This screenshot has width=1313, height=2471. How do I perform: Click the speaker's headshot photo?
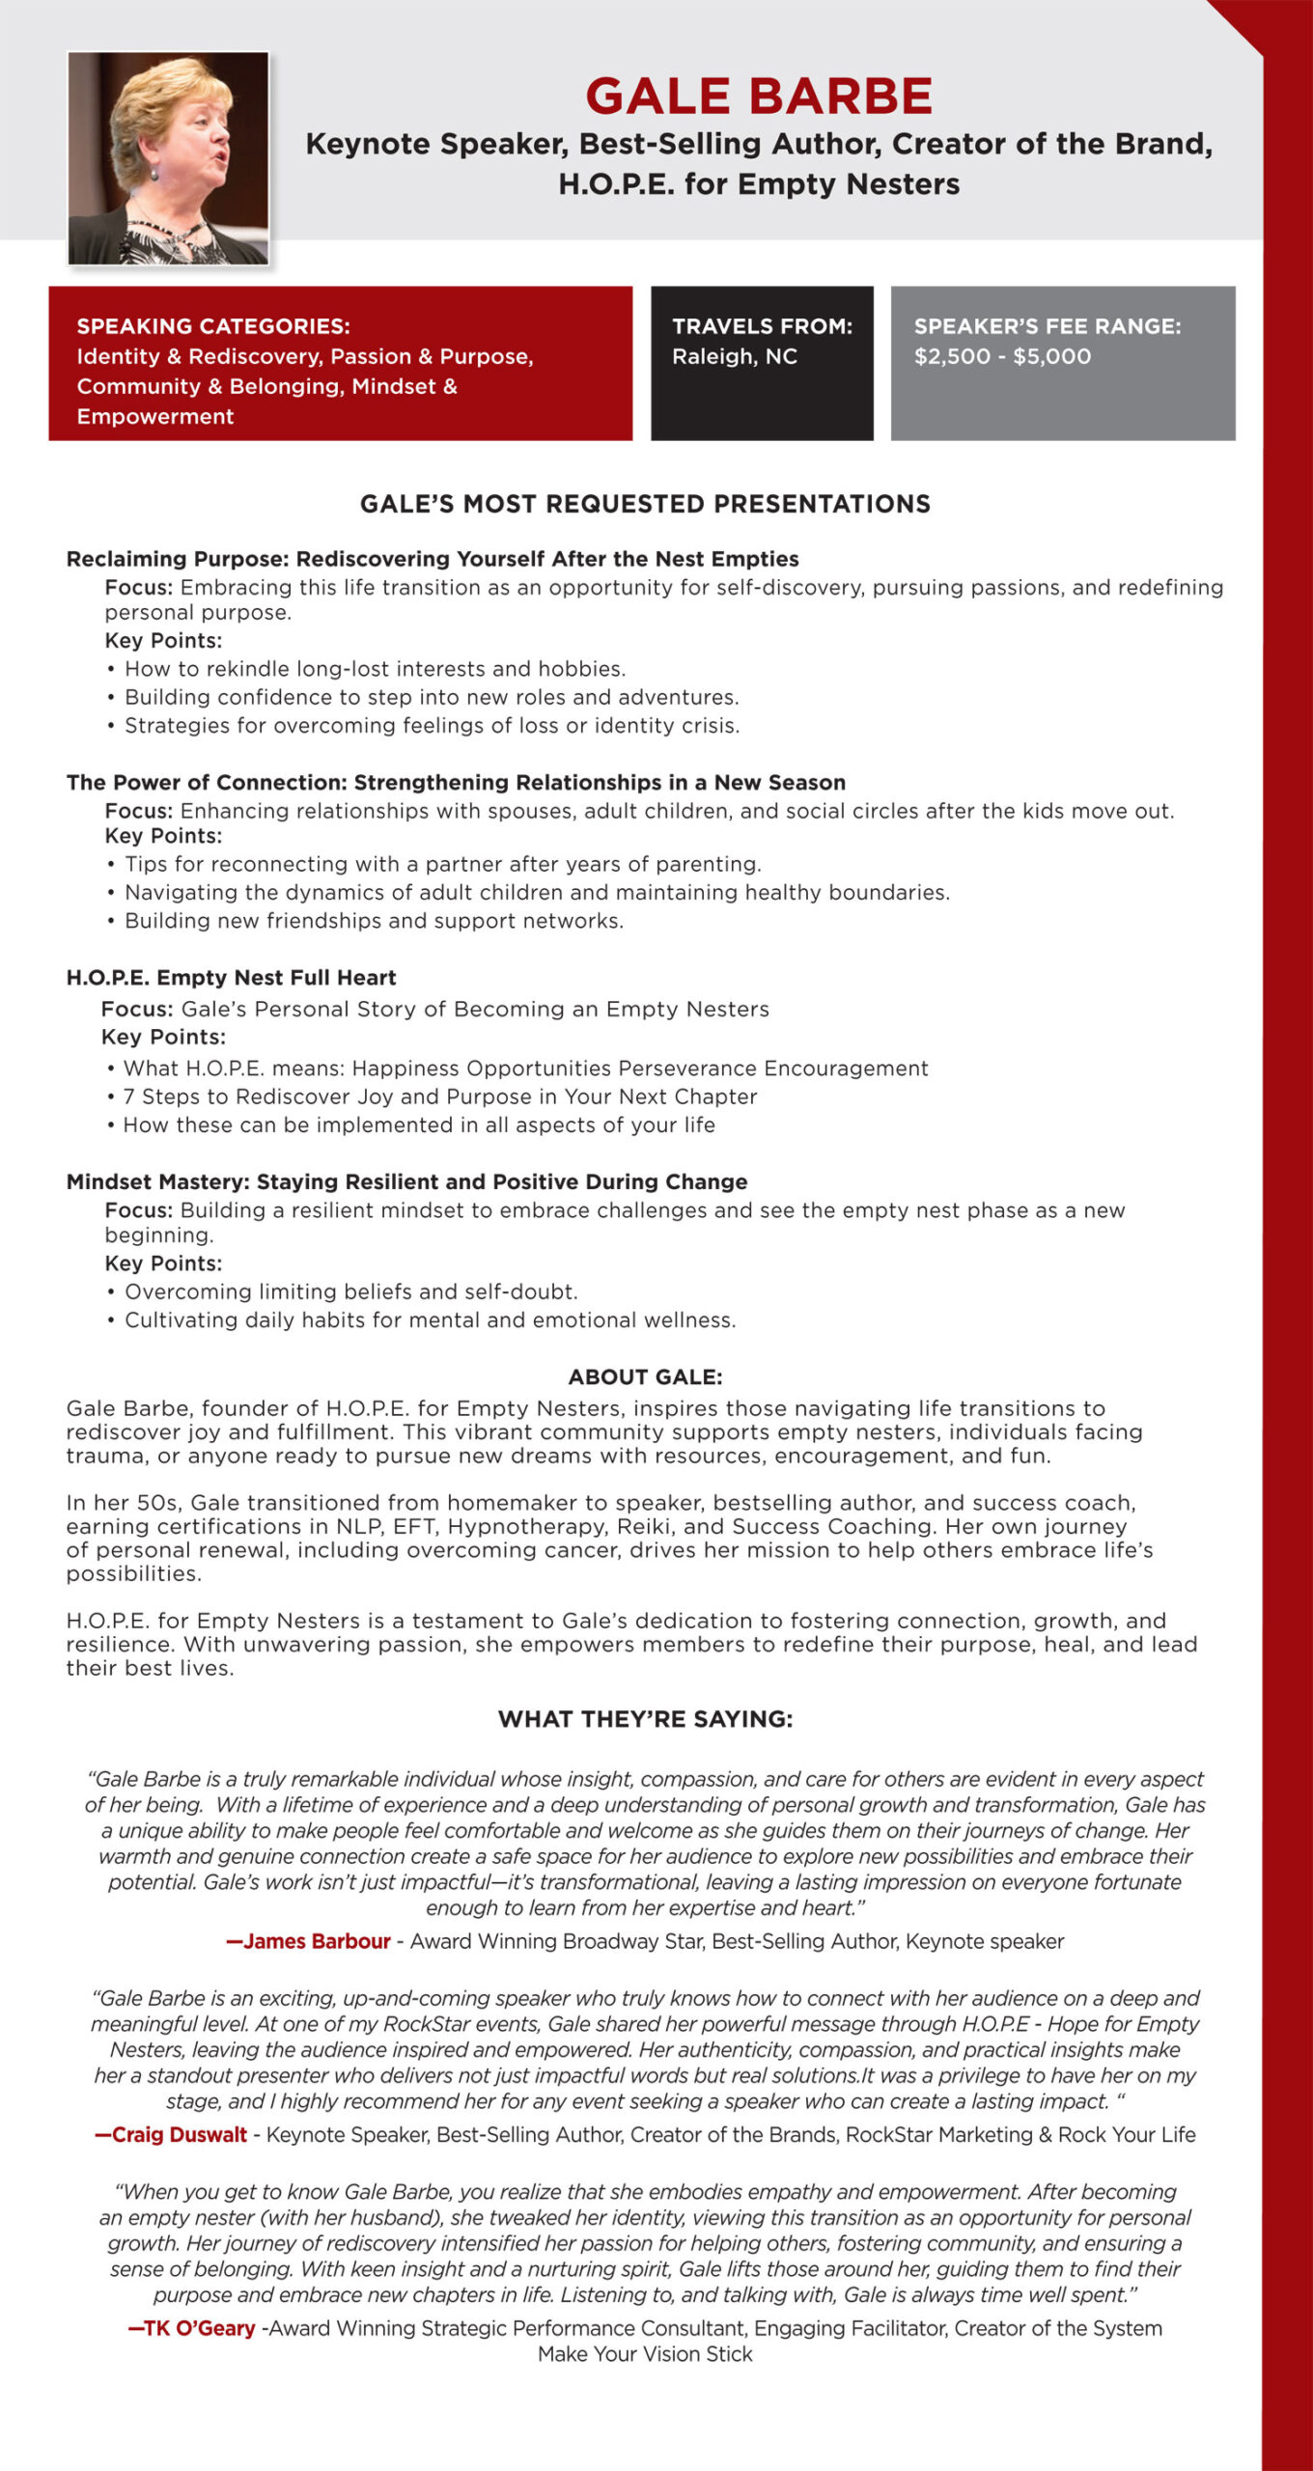pos(168,158)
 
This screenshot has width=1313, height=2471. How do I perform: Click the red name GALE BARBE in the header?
pos(759,97)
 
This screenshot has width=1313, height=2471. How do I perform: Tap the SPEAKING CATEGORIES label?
pos(213,326)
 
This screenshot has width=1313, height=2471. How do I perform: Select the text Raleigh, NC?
pos(735,356)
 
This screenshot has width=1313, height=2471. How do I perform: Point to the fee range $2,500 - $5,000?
pos(1002,356)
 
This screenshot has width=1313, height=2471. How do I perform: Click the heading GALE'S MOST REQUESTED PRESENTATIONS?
pos(645,504)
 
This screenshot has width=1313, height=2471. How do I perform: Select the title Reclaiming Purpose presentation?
pos(433,559)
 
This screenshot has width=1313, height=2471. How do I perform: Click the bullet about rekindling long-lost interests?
pos(375,669)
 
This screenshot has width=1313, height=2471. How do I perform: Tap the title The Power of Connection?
pos(456,782)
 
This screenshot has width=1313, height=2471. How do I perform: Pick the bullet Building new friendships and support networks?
pos(374,921)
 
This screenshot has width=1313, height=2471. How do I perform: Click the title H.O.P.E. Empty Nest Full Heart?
pos(231,978)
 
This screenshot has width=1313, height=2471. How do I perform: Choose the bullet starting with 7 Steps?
pos(439,1097)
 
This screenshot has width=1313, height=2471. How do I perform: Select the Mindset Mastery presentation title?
pos(406,1181)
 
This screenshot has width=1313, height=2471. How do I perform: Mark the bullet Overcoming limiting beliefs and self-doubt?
pos(350,1291)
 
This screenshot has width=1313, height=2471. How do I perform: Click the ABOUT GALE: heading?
pos(645,1376)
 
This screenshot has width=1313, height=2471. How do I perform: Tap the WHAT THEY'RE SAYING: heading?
pos(645,1719)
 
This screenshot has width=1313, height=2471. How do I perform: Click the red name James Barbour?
pos(309,1941)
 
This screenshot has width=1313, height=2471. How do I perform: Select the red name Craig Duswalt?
pos(172,2135)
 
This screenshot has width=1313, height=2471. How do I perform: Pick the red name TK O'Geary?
pos(193,2328)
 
